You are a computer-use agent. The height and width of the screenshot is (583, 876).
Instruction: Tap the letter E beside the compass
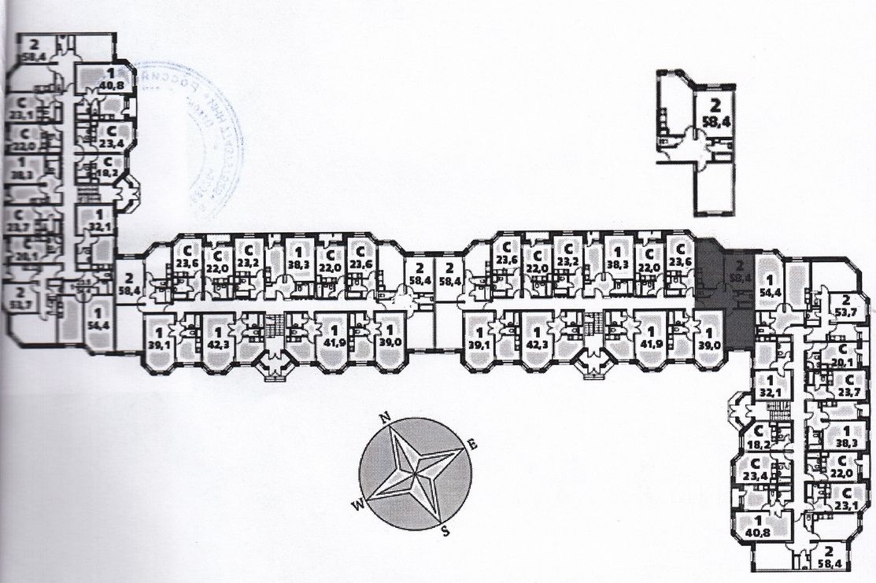(472, 444)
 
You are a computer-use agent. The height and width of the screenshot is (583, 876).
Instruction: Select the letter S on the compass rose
(445, 530)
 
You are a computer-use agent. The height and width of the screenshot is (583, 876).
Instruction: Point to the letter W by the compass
(357, 504)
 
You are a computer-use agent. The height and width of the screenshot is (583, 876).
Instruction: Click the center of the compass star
(415, 474)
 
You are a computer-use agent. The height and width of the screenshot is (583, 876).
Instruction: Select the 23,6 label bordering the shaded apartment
(679, 262)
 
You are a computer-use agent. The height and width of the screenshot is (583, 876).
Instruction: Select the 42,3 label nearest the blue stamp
(216, 343)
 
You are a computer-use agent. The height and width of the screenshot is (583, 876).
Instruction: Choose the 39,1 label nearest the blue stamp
(159, 343)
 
